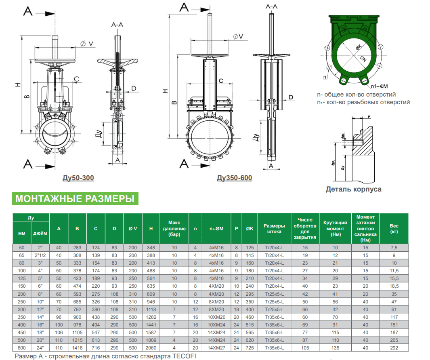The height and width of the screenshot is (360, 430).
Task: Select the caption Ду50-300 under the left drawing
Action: coord(79,178)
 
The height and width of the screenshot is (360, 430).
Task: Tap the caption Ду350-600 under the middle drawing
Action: coord(234,178)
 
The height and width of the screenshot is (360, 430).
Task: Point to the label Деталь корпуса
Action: coord(353,189)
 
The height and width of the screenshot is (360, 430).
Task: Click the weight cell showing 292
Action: coord(394,347)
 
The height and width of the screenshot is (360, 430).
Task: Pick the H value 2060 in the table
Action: coord(151,347)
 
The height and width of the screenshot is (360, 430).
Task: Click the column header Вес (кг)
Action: coord(394,229)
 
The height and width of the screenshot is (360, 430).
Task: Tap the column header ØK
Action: coord(250,229)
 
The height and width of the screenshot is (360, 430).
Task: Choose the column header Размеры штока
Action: coord(274,229)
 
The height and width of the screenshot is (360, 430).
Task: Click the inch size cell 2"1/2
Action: coord(40,255)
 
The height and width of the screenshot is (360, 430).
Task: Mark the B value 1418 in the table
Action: coord(77,347)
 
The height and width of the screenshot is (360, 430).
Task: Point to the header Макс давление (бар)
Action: coord(174,229)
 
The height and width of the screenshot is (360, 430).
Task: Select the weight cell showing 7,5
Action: coord(394,248)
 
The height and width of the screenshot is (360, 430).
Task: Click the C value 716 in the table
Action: coord(96,347)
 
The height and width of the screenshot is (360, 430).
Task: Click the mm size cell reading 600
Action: coord(22,347)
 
